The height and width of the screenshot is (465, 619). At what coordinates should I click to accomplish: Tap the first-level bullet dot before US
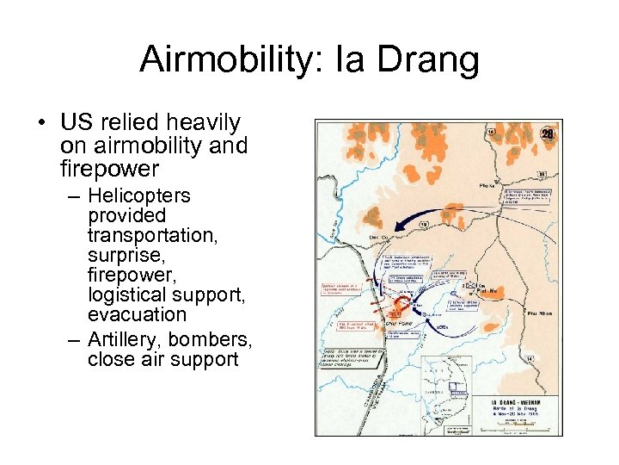pos(41,123)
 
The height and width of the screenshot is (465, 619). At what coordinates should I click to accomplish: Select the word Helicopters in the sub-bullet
pos(138,195)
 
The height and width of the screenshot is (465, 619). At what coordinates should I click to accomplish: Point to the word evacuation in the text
pos(137,314)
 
